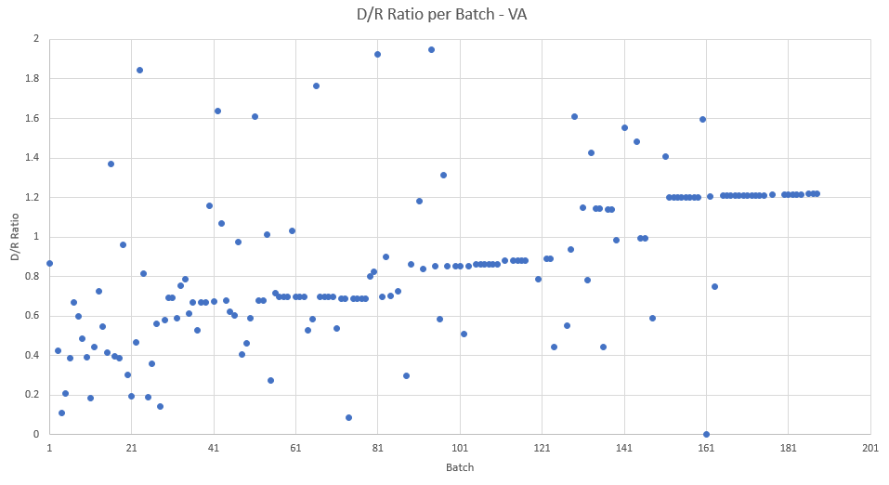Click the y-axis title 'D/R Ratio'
16,237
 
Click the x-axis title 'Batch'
460,467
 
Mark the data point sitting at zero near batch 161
706,434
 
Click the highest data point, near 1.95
431,49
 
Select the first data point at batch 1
49,263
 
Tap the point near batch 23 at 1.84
139,70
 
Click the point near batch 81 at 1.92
377,54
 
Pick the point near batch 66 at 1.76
316,85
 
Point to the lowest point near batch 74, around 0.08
348,417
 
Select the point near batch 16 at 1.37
111,164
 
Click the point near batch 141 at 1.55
624,127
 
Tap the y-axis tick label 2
36,39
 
